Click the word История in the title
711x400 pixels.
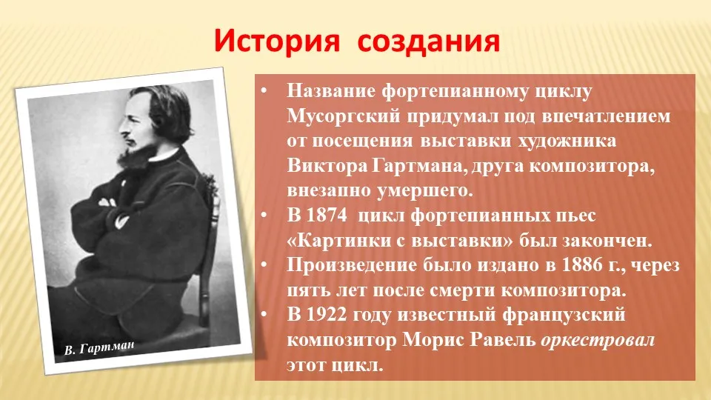click(x=276, y=40)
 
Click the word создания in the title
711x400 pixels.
click(x=429, y=41)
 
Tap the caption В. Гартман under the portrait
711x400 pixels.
click(x=99, y=348)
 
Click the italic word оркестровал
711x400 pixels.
click(x=598, y=340)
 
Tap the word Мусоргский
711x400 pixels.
click(x=344, y=116)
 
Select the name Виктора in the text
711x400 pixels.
click(x=327, y=165)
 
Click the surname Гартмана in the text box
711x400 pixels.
click(x=419, y=165)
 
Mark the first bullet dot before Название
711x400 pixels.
click(x=264, y=90)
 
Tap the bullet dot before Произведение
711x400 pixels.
click(x=264, y=264)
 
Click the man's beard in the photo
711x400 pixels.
click(x=134, y=153)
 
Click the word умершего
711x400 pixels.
click(x=424, y=190)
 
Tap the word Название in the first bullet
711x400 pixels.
click(x=331, y=91)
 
